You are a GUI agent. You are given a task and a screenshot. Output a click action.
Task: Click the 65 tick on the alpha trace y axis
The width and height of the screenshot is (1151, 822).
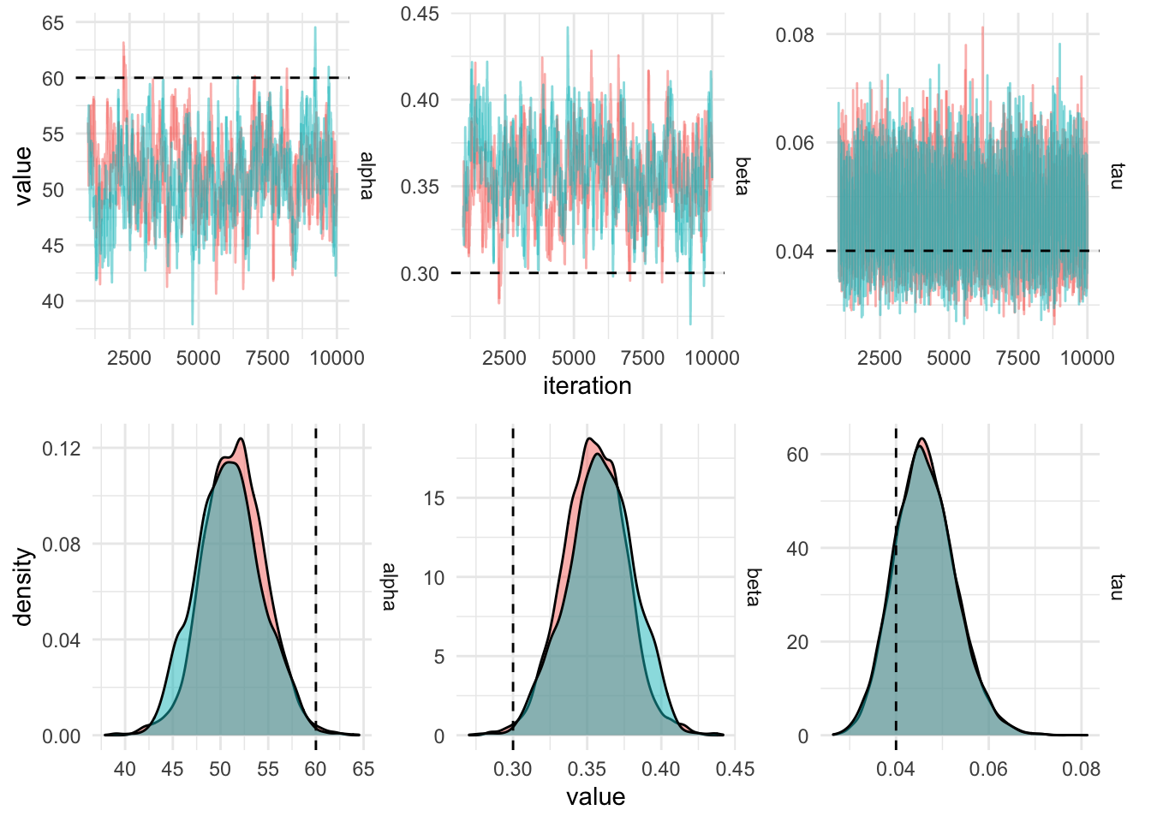[x=53, y=23]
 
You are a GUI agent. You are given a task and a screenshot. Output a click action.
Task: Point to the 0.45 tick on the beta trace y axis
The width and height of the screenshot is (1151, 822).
[x=420, y=14]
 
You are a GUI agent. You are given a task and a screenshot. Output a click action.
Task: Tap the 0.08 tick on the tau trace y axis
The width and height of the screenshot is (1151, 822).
[x=795, y=35]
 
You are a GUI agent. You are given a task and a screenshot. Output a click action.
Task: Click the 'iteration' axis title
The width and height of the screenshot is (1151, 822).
[x=587, y=386]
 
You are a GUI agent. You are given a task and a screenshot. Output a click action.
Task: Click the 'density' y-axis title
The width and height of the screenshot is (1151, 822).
[x=23, y=587]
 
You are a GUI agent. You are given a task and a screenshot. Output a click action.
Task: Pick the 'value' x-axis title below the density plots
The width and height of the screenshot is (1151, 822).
[x=595, y=797]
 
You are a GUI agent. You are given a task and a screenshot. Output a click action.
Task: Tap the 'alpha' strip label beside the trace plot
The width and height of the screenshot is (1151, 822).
[x=367, y=176]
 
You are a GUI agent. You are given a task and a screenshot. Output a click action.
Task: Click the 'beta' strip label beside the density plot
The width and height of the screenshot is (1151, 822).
[x=753, y=587]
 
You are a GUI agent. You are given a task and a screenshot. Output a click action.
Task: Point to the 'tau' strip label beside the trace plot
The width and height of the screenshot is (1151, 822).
[x=1116, y=176]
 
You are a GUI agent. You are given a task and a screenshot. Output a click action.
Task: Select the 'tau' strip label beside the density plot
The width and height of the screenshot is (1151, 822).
[x=1116, y=587]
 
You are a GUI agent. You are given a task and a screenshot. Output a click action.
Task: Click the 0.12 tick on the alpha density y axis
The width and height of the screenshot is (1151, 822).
[x=62, y=449]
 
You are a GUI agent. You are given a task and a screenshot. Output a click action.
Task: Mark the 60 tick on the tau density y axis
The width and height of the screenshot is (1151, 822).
[x=797, y=455]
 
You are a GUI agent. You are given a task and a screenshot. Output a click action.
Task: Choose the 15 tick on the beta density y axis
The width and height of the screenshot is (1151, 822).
[x=434, y=498]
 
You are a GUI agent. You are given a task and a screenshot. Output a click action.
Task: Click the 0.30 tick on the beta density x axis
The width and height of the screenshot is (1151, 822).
[x=513, y=769]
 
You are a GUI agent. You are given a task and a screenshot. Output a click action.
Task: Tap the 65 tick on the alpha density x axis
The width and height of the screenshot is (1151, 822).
[x=363, y=769]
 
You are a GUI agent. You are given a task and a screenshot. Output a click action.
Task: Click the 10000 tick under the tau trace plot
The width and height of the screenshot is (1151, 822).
[x=1088, y=358]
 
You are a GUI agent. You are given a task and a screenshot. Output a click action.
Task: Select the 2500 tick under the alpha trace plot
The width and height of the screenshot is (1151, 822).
[x=129, y=358]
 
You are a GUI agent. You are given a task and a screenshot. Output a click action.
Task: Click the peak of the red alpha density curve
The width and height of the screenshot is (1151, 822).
[x=241, y=439]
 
